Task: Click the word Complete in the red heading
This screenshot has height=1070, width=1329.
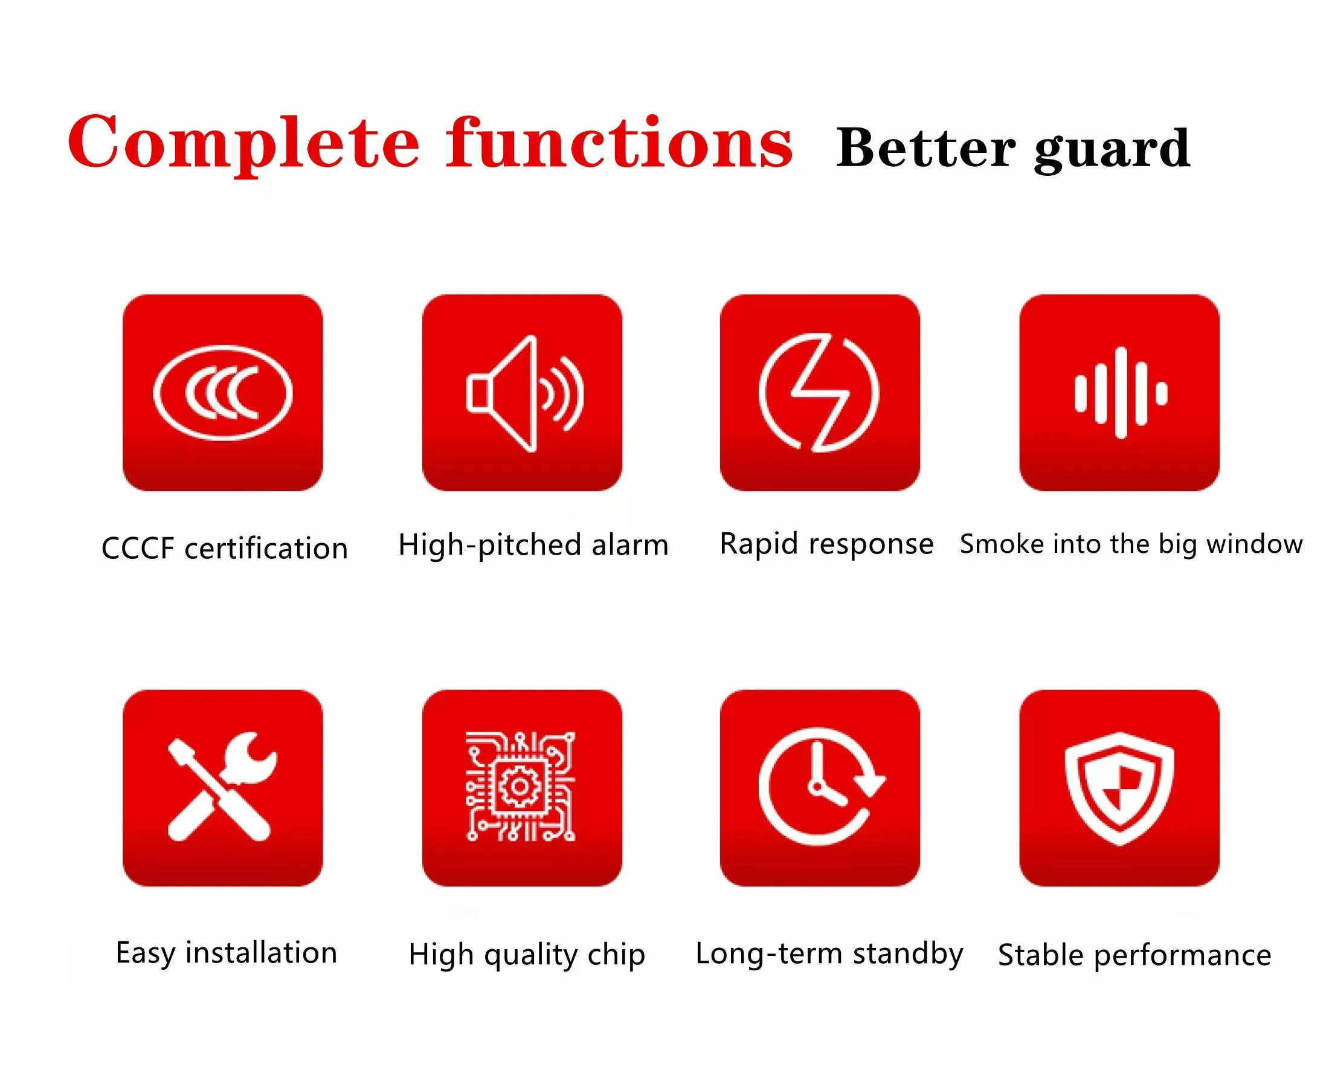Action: [x=243, y=143]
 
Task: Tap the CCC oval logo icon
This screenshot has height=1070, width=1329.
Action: [x=222, y=393]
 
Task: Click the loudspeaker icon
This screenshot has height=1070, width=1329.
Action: [x=524, y=393]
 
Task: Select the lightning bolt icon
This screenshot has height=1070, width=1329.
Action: [x=819, y=393]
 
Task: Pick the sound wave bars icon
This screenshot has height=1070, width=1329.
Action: [x=1121, y=393]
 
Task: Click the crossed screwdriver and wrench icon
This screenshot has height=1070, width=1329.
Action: [x=222, y=787]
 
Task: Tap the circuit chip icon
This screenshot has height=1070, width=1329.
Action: [x=521, y=787]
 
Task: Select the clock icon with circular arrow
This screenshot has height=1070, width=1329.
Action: [x=822, y=787]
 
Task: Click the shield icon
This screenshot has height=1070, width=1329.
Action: [x=1119, y=788]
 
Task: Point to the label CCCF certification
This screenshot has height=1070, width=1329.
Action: [x=224, y=548]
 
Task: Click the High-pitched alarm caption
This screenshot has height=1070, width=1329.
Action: [x=533, y=546]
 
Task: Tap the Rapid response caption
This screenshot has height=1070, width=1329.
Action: [x=826, y=544]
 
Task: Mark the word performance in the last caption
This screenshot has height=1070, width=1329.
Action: [x=1182, y=956]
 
